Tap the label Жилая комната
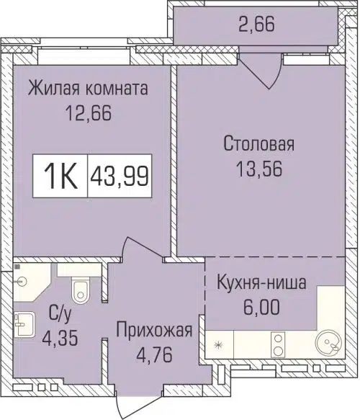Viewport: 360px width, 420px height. [88, 89]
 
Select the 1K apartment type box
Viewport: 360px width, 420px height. [60, 174]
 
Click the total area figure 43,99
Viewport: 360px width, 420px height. [120, 174]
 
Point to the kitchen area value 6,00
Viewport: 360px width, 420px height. [261, 305]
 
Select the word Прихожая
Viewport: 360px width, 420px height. [156, 331]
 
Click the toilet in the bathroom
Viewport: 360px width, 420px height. [80, 289]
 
